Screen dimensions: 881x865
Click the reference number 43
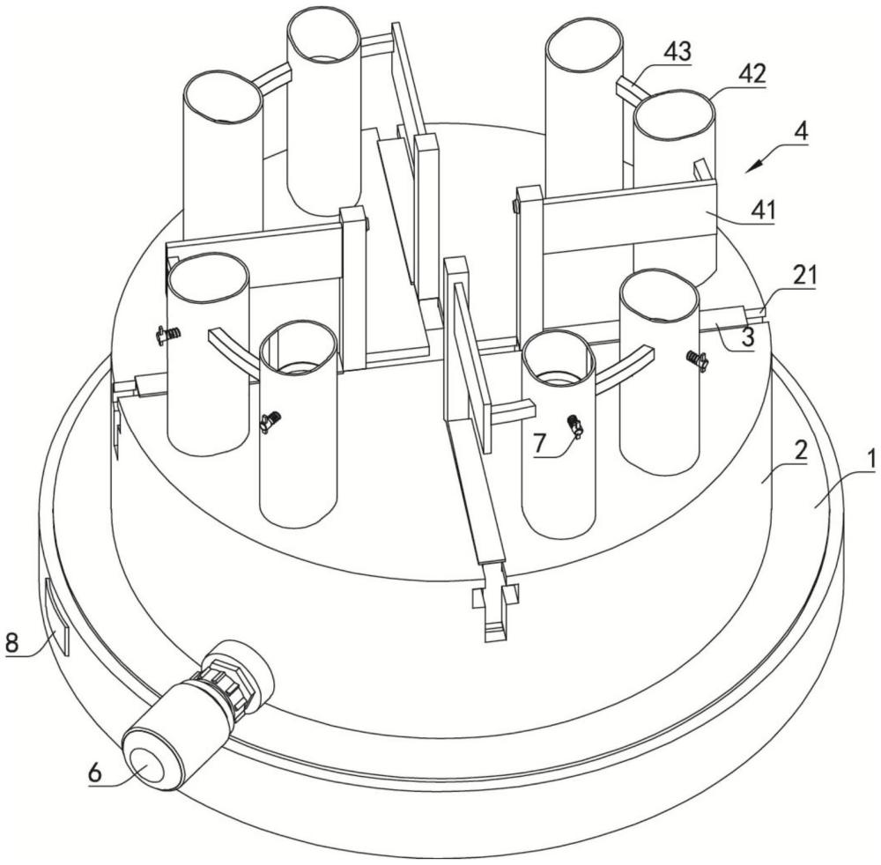(x=677, y=52)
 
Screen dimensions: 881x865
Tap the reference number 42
(x=751, y=74)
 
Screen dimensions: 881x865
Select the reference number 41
(x=762, y=211)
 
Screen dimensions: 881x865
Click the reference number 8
(x=11, y=642)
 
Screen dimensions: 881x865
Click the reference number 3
(x=748, y=337)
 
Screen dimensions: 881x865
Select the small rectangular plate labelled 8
(x=56, y=617)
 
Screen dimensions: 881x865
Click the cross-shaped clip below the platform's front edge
(x=495, y=599)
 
